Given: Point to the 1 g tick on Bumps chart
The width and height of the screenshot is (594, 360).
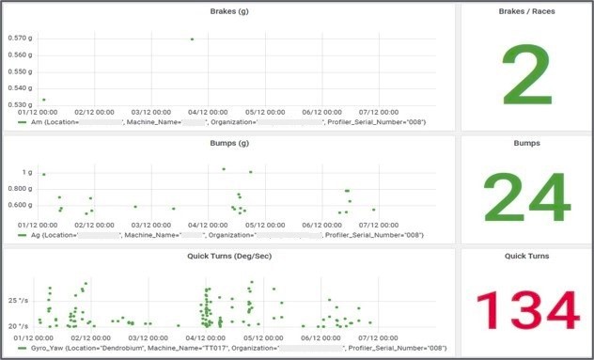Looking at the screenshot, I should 28,173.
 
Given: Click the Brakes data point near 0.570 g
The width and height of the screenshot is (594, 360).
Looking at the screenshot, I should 192,39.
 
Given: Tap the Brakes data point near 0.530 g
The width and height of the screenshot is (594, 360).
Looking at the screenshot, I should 43,100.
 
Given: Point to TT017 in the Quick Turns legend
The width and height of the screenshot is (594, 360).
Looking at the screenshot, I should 221,348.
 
